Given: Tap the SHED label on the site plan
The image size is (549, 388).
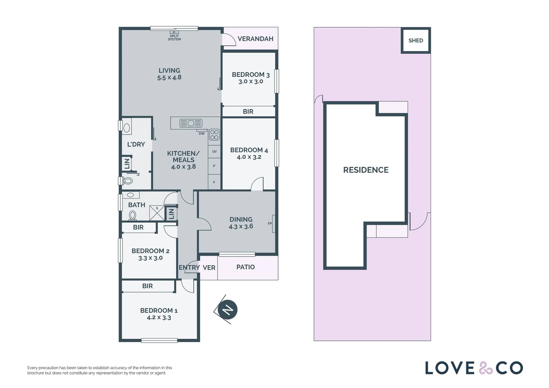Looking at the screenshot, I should (416, 41).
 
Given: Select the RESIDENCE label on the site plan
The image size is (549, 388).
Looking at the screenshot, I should (366, 170).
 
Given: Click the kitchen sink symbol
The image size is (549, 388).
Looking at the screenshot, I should (191, 123).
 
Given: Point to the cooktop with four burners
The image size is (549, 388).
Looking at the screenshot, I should (214, 135).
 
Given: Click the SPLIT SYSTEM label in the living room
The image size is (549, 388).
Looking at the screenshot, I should (175, 38).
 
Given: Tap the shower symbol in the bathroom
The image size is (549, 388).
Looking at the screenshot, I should (157, 213).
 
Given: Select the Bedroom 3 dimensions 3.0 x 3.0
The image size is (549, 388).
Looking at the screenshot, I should (251, 82).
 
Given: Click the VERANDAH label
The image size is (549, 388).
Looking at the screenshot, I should (255, 39).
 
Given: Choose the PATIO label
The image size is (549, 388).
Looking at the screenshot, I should (245, 267).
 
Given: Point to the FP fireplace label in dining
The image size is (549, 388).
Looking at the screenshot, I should (270, 223).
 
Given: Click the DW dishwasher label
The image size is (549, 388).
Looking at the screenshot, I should (202, 133).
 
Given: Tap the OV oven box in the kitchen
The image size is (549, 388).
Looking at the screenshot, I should (214, 152).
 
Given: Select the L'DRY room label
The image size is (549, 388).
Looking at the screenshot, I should (136, 144).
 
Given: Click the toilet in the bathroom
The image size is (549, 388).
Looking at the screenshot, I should (133, 216).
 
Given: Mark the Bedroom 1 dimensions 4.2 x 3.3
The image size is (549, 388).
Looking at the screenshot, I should (159, 318).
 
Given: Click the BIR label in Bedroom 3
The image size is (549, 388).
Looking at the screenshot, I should (248, 112).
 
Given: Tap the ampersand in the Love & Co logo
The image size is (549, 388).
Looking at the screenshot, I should (485, 368).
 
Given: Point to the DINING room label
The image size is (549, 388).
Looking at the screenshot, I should (241, 220).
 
